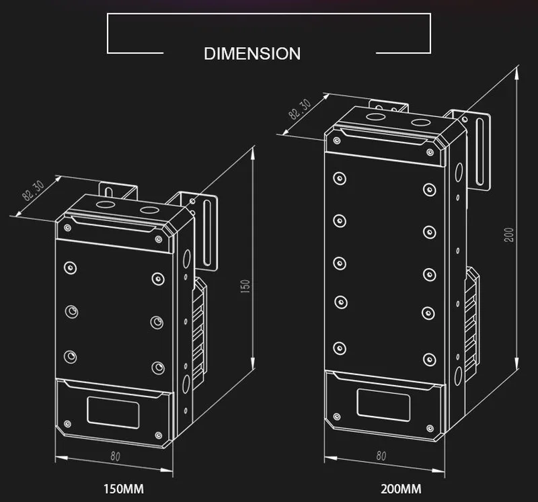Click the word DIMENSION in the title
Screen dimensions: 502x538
coord(252,54)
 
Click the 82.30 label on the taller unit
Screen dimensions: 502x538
coord(300,110)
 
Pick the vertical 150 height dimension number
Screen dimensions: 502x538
coord(246,286)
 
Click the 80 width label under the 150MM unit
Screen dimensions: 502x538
coord(115,457)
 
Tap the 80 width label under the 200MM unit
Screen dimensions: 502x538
coord(381,455)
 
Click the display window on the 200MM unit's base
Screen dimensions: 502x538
coord(383,405)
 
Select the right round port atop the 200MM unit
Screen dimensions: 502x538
coord(420,124)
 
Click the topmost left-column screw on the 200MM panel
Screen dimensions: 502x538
coord(340,179)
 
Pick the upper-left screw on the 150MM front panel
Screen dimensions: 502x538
coord(69,268)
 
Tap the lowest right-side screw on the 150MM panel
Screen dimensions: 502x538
coord(157,367)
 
